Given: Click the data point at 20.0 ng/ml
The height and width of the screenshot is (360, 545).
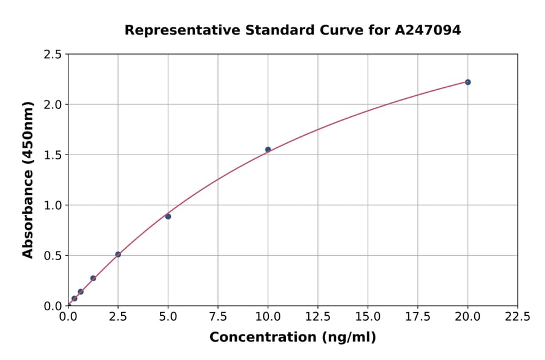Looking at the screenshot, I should (467, 82).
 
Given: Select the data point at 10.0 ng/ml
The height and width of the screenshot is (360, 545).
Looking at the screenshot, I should (268, 149).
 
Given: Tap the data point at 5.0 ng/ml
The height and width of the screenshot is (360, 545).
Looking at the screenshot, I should (168, 216).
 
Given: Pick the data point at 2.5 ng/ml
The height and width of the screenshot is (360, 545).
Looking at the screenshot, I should (118, 255).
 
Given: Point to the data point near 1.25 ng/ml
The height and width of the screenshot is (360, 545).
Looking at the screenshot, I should (93, 278).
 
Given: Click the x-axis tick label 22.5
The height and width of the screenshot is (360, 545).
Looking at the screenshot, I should (517, 316).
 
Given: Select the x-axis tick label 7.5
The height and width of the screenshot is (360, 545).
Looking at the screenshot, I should (218, 316).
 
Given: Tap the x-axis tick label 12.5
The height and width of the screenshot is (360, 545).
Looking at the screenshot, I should (318, 316).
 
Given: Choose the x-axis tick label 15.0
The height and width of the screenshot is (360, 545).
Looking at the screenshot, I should (368, 316).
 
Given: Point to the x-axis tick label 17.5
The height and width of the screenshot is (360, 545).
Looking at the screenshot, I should (418, 316).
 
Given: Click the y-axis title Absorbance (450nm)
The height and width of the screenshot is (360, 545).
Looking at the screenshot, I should (28, 179).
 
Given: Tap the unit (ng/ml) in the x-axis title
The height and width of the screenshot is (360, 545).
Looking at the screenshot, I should (348, 338).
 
